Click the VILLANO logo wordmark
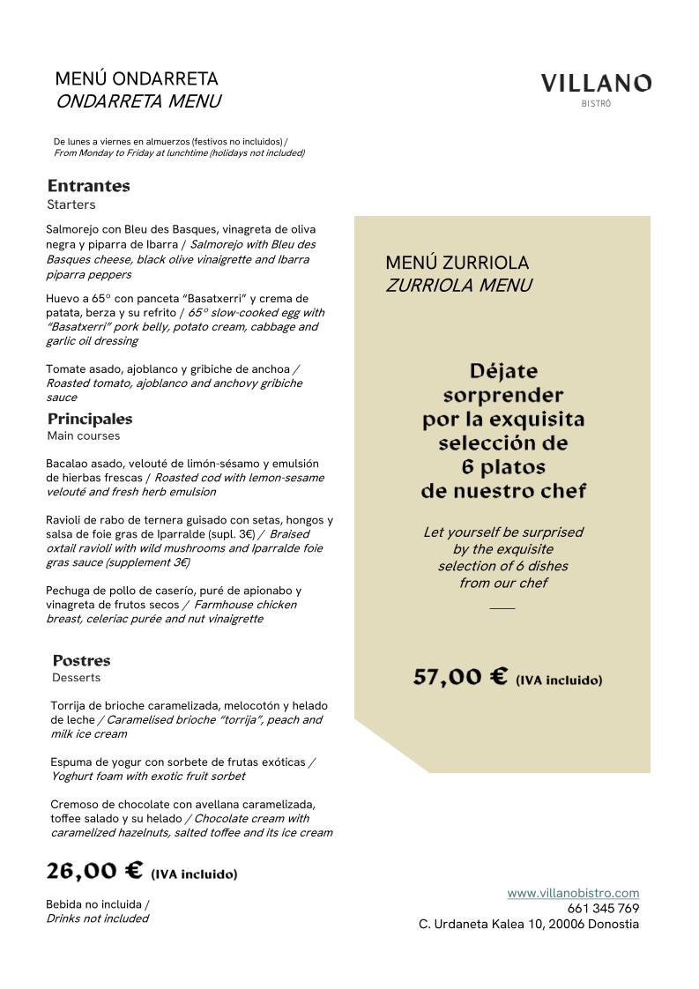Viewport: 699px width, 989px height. click(596, 84)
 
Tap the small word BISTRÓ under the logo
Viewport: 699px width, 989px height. click(597, 104)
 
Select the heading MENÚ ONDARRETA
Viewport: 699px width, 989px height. click(137, 79)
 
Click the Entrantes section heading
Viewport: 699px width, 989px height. click(88, 186)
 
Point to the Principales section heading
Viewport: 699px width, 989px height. click(90, 419)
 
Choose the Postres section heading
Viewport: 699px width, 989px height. click(81, 660)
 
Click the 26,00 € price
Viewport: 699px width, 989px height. click(94, 872)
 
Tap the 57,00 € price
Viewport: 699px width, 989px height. click(460, 677)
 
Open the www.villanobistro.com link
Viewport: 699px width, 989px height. click(573, 893)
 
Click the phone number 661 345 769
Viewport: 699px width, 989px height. click(603, 909)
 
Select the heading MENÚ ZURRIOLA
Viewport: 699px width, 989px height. click(457, 263)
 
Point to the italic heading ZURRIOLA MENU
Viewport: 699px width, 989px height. click(458, 286)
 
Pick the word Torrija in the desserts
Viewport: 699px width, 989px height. click(69, 705)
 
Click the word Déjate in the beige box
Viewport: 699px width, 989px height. click(503, 371)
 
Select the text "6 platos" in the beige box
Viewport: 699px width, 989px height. click(503, 466)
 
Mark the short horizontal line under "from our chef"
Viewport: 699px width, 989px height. click(502, 608)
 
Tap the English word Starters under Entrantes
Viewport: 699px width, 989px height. click(71, 204)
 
